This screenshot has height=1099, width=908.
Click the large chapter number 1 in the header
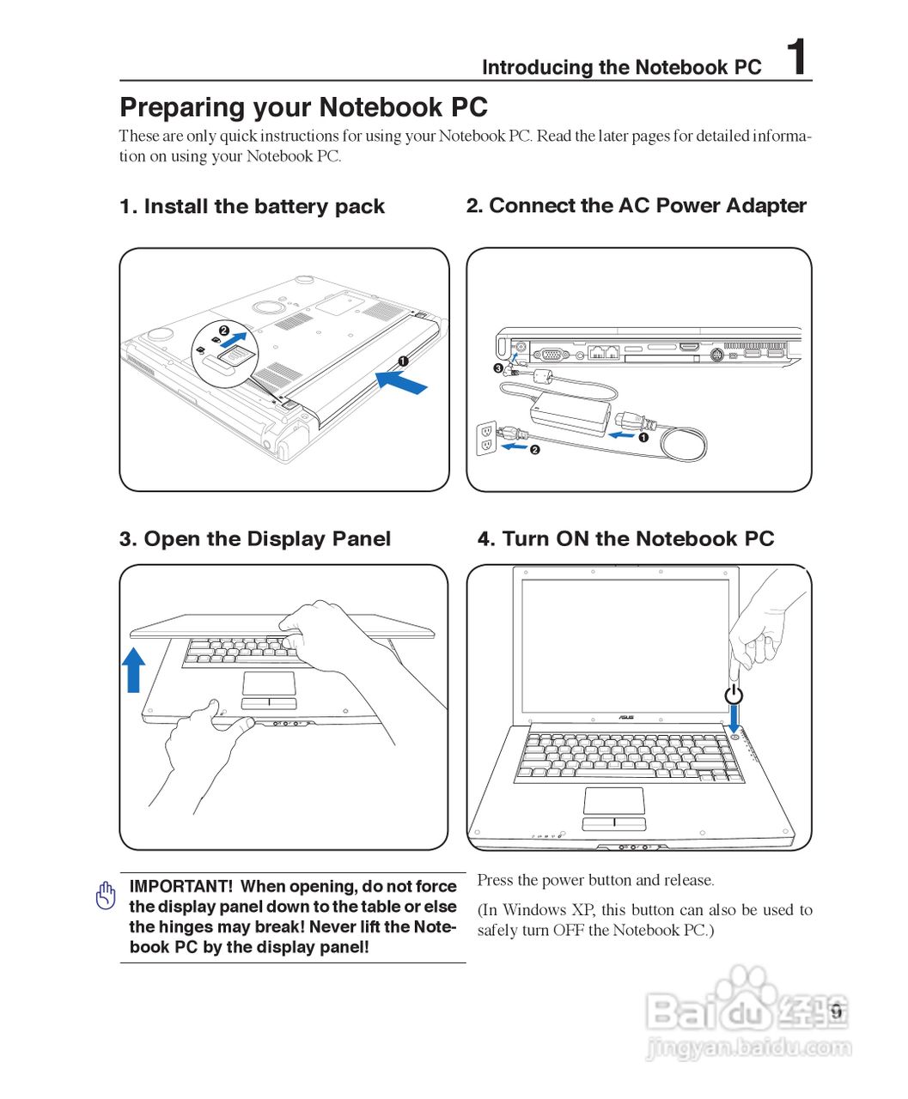[x=797, y=58]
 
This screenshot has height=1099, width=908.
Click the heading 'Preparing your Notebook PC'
[x=303, y=107]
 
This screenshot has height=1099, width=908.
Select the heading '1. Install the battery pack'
[x=252, y=206]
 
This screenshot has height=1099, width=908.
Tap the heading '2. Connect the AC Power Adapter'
[x=636, y=205]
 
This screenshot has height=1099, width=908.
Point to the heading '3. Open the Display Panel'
[x=254, y=538]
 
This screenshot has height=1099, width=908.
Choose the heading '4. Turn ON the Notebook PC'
[x=625, y=538]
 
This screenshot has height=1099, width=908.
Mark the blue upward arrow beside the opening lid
[x=133, y=669]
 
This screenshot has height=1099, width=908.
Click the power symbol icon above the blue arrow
[x=734, y=693]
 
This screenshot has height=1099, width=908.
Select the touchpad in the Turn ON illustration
[x=613, y=800]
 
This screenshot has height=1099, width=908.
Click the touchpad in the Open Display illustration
[x=269, y=683]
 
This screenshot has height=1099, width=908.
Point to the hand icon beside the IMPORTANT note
[x=106, y=896]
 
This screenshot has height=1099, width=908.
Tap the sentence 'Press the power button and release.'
[x=595, y=880]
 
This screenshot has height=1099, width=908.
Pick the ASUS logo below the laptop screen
[x=626, y=717]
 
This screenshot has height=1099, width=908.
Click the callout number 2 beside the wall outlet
[x=534, y=450]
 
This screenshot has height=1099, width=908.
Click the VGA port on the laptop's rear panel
[x=550, y=353]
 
